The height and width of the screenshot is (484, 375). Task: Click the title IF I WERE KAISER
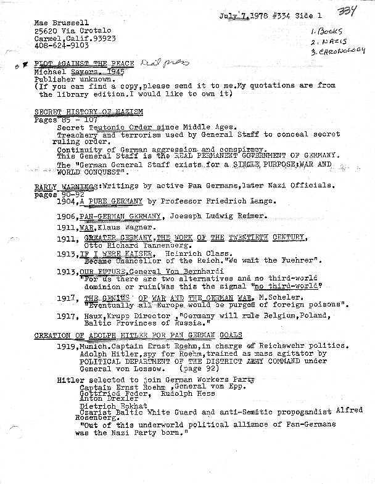coord(115,253)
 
